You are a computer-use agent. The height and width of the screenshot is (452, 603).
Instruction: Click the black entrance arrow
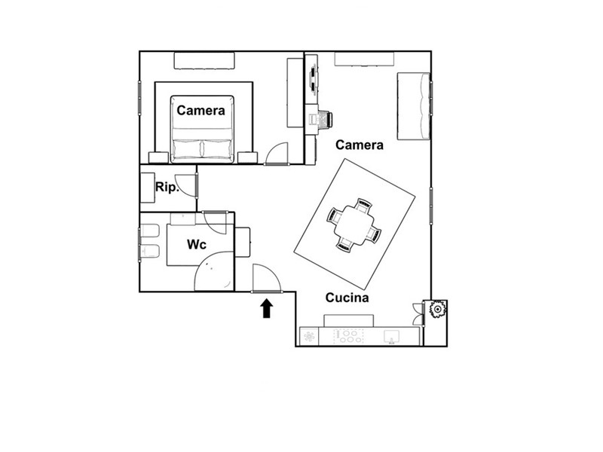[x=267, y=309]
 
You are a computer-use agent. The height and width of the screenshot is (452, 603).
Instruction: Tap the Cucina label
[x=347, y=298]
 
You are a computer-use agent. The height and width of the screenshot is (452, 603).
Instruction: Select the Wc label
[x=197, y=244]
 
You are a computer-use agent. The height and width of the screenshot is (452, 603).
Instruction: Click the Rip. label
[x=167, y=188]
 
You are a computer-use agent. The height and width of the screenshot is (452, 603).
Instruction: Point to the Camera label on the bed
[x=200, y=111]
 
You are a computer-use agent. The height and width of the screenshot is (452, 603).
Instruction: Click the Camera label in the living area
[x=360, y=145]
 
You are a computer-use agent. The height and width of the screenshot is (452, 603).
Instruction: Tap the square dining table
[x=354, y=225]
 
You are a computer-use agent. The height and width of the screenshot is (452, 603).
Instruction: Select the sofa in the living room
[x=413, y=106]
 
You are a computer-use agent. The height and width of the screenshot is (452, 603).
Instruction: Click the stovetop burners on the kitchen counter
[x=349, y=337]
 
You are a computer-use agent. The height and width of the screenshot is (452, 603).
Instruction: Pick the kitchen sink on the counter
[x=391, y=337]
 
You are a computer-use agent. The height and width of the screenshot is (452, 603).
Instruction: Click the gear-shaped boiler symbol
[x=437, y=309]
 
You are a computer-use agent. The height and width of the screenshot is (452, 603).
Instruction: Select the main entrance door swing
[x=267, y=279]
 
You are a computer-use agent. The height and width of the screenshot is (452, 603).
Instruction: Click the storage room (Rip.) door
[x=186, y=185]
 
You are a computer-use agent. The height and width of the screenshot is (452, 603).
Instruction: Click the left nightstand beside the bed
[x=158, y=157]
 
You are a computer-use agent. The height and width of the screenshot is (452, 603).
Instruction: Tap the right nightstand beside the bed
[x=248, y=157]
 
